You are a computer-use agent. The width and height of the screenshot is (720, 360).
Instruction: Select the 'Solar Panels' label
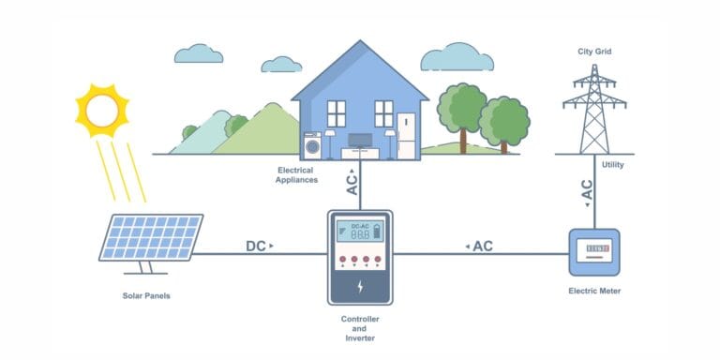point(146,296)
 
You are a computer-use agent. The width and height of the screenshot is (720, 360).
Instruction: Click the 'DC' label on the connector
point(256,247)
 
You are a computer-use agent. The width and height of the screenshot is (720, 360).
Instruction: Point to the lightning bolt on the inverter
point(360,286)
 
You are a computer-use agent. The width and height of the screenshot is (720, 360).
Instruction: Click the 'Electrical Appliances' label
point(297,173)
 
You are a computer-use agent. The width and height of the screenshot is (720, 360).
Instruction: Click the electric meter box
point(594,251)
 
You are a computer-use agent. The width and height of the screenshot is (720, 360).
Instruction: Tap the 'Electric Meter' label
point(594,292)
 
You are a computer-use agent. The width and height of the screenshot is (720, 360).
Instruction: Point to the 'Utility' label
point(613,165)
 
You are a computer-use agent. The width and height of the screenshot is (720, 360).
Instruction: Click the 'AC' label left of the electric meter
point(483,247)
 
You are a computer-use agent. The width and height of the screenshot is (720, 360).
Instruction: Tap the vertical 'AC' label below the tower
point(587,189)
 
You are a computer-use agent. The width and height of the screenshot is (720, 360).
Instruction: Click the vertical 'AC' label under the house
point(352,182)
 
